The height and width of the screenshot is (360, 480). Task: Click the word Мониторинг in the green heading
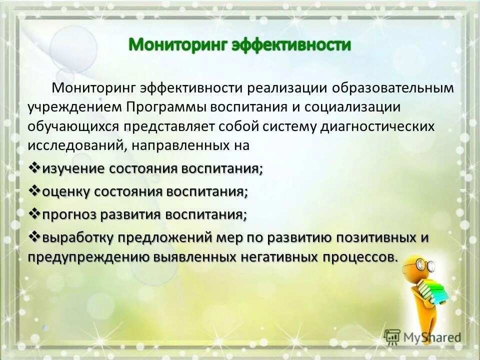coord(178,45)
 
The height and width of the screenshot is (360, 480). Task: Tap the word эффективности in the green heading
coord(291,45)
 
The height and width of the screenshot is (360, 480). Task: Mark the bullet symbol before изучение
coord(34,168)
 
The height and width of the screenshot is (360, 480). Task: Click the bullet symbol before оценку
coord(34,191)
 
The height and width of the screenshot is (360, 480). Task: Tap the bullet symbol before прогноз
coord(34,214)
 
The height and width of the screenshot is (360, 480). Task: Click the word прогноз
coord(69,215)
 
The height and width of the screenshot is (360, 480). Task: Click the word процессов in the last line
coord(358,257)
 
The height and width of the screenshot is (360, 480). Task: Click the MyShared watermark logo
coord(423,336)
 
